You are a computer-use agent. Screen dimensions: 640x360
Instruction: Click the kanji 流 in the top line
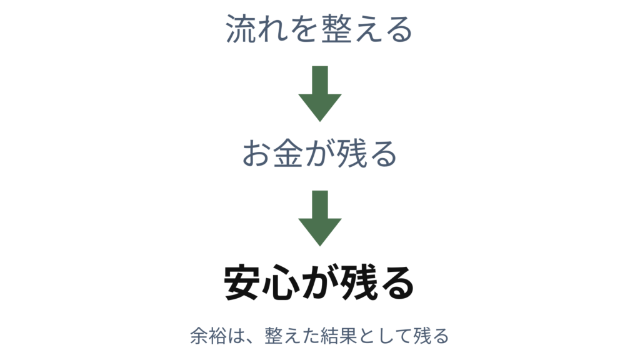241,29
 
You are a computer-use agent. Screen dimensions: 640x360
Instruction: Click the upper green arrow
320,94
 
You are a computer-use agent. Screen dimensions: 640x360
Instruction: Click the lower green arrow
320,218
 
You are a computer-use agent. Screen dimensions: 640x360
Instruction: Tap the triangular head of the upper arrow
320,107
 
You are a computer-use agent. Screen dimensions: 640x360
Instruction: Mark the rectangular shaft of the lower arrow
320,204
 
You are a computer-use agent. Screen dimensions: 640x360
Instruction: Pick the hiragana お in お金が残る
256,154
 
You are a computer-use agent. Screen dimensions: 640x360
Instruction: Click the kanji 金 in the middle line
288,153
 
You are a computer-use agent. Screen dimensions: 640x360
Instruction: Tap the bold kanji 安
241,283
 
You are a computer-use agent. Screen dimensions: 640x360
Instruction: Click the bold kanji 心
279,283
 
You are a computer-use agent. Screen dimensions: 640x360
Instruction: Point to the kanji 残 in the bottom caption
422,336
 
